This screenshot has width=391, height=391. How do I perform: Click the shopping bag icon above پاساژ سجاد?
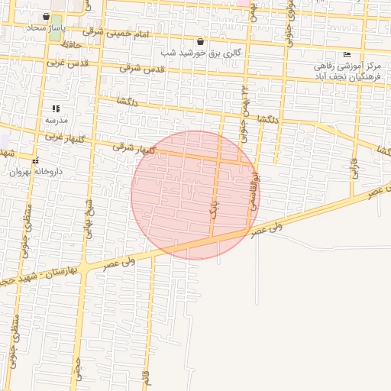[47, 16]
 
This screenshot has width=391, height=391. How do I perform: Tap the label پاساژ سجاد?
[47, 27]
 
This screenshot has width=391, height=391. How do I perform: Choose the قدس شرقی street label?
[142, 69]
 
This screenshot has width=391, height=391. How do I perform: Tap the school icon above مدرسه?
[56, 108]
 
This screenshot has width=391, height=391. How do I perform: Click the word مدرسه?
[56, 120]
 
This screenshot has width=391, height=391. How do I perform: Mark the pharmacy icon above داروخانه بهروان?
[35, 160]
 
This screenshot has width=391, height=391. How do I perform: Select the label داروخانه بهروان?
[35, 172]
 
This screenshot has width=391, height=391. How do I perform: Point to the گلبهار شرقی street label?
[134, 147]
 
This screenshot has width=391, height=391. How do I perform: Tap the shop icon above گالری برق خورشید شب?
[200, 42]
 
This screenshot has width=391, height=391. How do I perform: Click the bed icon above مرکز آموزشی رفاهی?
[347, 54]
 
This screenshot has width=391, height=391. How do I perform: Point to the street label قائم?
[144, 377]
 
